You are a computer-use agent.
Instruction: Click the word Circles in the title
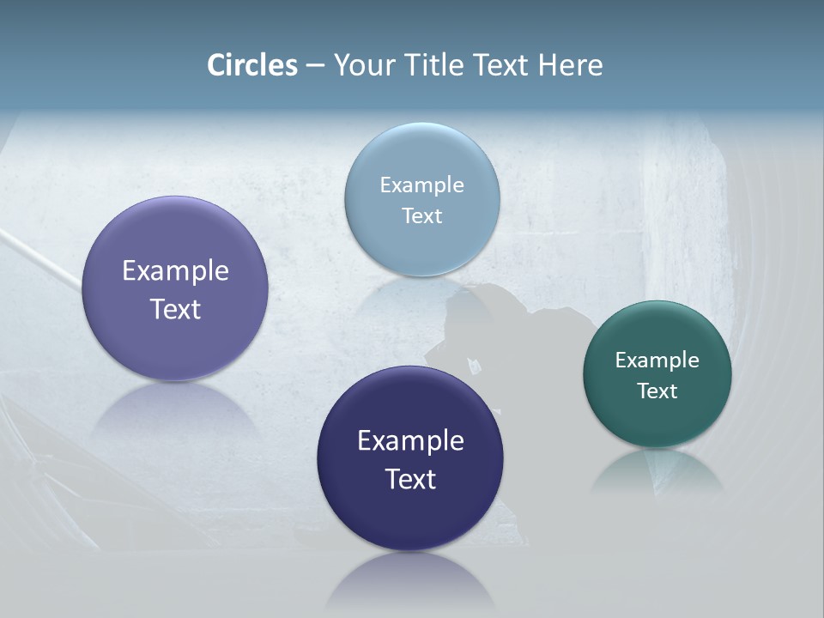[252, 65]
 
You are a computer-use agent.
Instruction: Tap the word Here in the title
[570, 65]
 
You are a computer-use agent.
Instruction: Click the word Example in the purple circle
[175, 271]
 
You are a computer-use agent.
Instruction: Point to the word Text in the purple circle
[175, 309]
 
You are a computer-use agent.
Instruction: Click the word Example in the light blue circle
[421, 185]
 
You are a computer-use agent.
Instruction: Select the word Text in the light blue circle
[421, 216]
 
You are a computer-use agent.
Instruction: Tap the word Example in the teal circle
[657, 360]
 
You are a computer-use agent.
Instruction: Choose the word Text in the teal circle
[657, 391]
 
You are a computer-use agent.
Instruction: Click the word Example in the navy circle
[410, 441]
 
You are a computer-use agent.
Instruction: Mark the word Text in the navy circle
[410, 479]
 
